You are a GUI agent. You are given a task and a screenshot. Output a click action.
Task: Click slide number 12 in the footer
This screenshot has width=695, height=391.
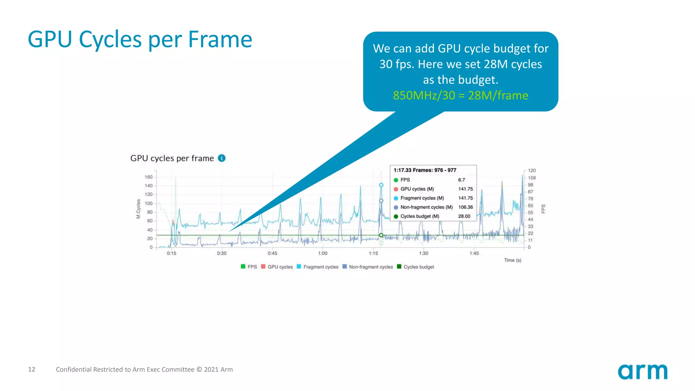pos(32,369)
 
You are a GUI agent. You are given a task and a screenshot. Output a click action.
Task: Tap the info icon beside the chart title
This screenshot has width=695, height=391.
pos(222,158)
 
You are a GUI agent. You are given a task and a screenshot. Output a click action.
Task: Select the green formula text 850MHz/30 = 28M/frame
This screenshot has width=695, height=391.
pos(461,95)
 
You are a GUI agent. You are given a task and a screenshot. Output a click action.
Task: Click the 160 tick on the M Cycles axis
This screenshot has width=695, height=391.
pos(149,177)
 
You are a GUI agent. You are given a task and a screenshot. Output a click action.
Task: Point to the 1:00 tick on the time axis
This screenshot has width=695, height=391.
pos(323,253)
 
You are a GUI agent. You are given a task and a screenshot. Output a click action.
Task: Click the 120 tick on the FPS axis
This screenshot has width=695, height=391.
pos(532,170)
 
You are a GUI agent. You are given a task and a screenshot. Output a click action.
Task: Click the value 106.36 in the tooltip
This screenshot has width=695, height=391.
pos(465,207)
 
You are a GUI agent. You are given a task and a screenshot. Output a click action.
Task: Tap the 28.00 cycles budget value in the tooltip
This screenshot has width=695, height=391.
pos(464,216)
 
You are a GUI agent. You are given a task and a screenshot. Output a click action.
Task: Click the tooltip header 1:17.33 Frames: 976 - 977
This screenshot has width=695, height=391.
pos(425,170)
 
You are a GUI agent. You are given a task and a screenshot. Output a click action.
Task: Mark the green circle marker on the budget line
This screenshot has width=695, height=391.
pos(381,235)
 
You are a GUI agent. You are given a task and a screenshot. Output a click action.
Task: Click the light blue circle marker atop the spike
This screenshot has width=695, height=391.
pos(381,185)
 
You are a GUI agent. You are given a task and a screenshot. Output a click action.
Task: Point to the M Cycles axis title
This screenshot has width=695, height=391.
pos(138,209)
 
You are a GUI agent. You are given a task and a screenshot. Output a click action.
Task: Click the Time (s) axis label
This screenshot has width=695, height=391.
pos(512,260)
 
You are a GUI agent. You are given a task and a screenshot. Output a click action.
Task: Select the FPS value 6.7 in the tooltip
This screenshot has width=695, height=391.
pos(462,180)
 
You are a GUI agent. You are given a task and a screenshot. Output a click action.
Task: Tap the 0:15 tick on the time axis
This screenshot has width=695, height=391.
pos(171,253)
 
